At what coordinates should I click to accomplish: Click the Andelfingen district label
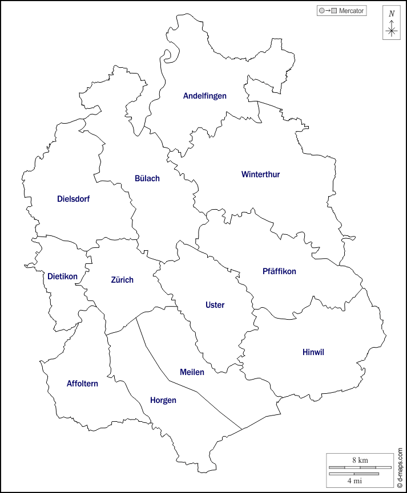204,96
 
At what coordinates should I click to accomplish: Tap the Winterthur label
260,174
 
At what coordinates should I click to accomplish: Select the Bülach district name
147,178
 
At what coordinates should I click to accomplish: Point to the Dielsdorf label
73,199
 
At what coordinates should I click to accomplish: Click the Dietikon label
62,276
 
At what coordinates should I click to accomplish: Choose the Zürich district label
122,280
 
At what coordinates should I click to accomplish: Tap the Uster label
215,305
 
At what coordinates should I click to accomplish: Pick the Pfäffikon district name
279,271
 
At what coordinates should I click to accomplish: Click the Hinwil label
313,352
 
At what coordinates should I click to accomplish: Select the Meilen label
192,372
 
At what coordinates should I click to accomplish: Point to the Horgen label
163,400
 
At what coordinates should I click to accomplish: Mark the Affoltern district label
82,384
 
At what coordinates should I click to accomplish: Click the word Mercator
351,11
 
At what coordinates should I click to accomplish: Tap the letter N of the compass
391,14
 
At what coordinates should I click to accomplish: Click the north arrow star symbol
391,31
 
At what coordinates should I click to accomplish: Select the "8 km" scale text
360,460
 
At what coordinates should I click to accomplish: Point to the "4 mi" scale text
354,480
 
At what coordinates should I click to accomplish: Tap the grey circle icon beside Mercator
322,11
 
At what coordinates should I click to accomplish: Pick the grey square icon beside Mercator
334,11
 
